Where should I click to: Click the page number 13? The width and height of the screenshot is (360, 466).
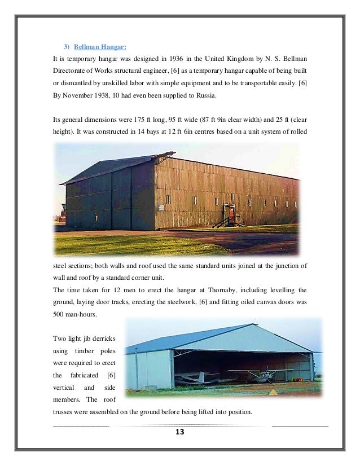180,433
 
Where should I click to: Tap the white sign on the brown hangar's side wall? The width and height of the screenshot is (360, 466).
168,199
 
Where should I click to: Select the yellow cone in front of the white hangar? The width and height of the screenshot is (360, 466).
273,392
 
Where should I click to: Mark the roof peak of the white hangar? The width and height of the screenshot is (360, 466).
252,324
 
